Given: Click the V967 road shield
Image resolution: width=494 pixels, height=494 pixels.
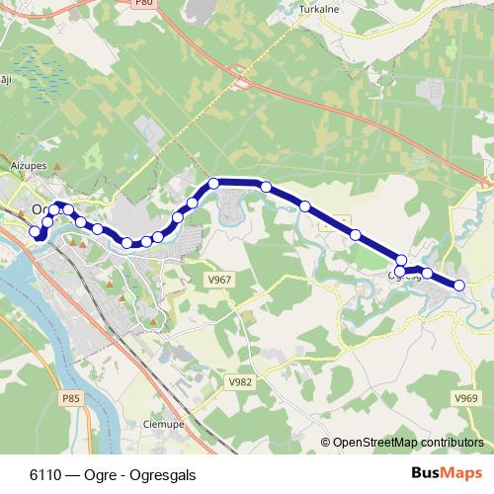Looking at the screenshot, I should tap(220, 280).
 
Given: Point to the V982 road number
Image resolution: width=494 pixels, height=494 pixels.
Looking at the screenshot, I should tap(240, 381).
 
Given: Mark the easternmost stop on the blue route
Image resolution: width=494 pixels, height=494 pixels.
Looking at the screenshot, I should tap(459, 286).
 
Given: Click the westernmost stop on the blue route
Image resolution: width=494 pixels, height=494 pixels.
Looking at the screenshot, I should tap(36, 232).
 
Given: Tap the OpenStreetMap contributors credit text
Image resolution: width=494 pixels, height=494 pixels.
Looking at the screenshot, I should tap(408, 442).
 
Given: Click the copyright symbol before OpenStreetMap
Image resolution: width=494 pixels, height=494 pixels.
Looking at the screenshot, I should tap(326, 442).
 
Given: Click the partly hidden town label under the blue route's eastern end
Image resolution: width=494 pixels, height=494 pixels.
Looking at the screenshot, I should tap(407, 277).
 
